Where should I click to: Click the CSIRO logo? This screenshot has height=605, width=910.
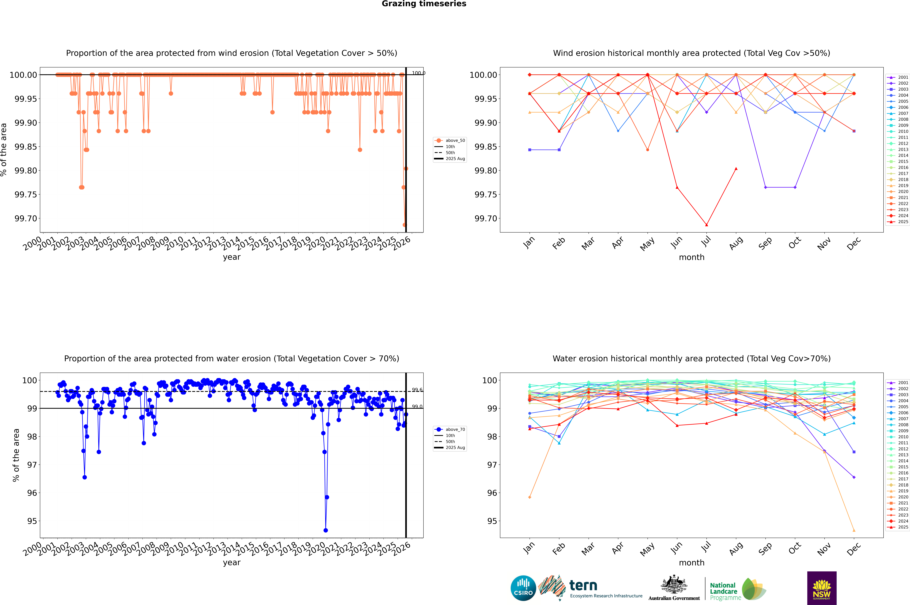[523, 588]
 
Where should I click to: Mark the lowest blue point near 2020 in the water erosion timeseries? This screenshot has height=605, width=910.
[326, 530]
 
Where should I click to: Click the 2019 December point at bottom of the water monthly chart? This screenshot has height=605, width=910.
[854, 530]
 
